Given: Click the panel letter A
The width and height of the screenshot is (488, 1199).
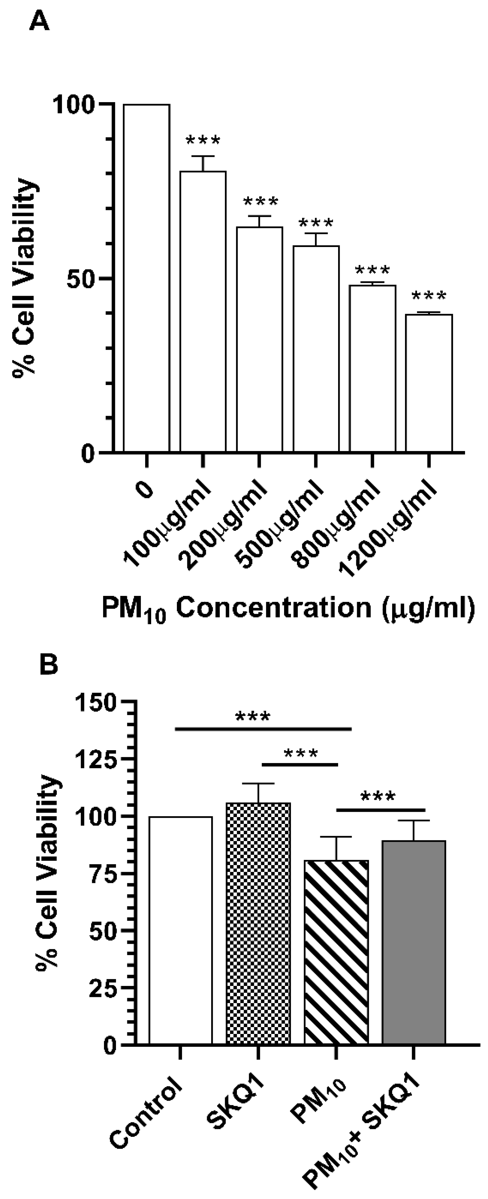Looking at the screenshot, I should click(39, 22).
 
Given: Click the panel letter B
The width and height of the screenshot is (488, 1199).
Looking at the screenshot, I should click(48, 666).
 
